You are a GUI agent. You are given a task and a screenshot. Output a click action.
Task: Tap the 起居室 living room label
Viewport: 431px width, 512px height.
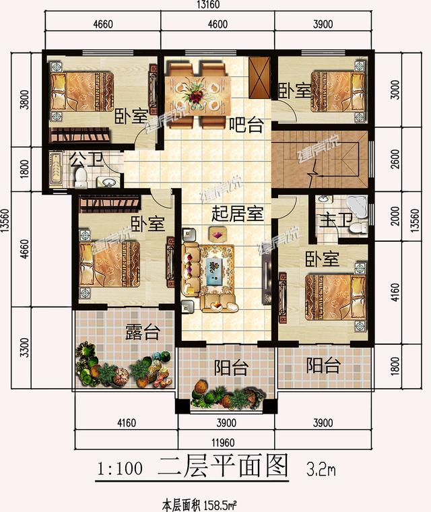(x=237, y=214)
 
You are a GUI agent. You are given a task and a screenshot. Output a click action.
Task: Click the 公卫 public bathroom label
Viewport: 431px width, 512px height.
(x=84, y=160)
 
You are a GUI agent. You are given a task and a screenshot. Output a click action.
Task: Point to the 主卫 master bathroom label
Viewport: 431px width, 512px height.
(x=331, y=219)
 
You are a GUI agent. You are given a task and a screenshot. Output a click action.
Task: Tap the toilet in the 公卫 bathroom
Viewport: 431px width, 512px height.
(x=80, y=177)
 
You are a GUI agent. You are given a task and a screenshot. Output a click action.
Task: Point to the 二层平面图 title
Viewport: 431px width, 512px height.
(x=222, y=466)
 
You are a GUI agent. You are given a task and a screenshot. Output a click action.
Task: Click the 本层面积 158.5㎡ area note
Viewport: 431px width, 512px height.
(x=203, y=503)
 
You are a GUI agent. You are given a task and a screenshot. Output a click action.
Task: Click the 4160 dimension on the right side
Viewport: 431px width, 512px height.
(x=396, y=294)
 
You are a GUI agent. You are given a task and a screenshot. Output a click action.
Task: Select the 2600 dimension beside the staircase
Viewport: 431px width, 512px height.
(x=396, y=162)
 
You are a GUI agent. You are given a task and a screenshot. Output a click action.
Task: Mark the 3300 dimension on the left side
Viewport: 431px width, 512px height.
(x=25, y=348)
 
